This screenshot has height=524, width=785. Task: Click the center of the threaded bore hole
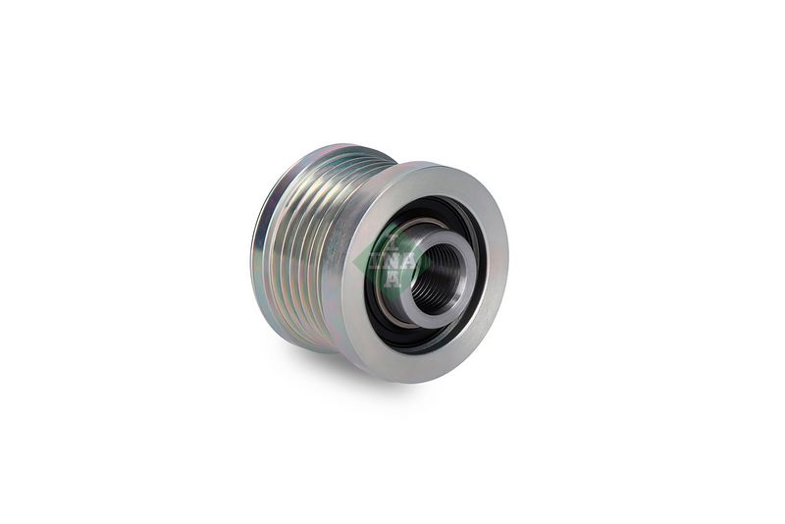coord(440,277)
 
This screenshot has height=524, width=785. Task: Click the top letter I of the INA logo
coord(394,245)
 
